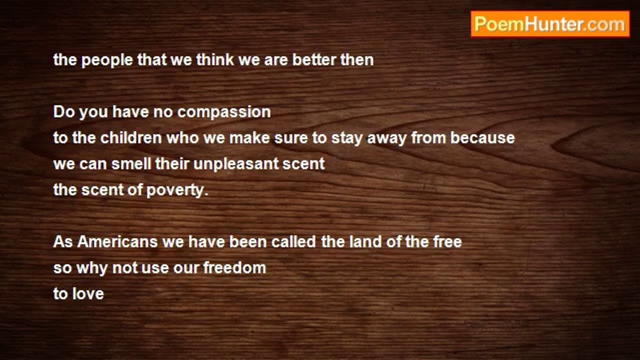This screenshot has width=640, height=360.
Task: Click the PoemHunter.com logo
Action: coord(550,24)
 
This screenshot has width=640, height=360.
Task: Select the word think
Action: coord(215,60)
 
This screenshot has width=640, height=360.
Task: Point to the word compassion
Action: coord(224,112)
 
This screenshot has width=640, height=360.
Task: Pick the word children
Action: coord(131,138)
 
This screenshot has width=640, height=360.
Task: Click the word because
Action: coord(482,138)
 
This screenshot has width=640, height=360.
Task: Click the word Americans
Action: coord(117,242)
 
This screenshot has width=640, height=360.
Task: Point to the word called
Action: coord(293,242)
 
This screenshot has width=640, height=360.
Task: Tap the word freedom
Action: coord(234,268)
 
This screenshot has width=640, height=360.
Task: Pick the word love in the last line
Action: coord(87,294)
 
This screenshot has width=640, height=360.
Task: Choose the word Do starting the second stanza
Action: coord(64,112)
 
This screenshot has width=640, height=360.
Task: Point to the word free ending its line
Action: coord(447,242)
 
